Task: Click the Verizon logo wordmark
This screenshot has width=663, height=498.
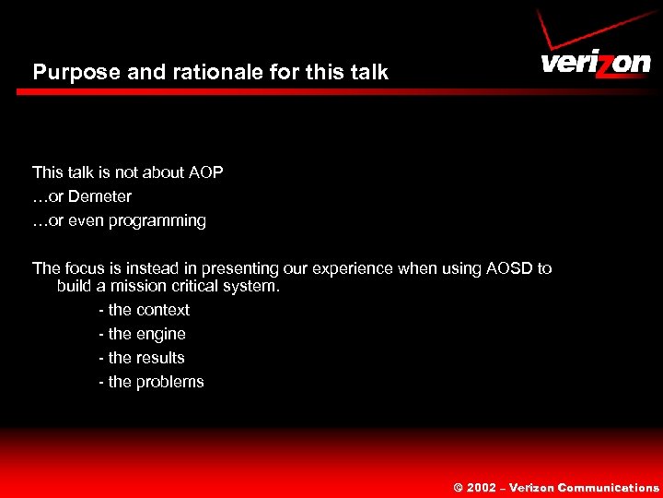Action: [595, 64]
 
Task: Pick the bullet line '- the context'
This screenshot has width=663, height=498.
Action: [144, 310]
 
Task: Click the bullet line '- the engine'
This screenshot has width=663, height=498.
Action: [142, 334]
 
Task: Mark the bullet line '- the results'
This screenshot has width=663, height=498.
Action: [142, 358]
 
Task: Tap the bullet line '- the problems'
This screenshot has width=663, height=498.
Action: [151, 382]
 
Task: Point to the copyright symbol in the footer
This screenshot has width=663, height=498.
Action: [457, 488]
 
